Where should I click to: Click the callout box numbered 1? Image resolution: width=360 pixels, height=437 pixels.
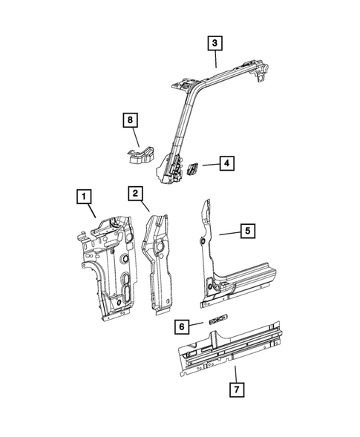pyautogui.click(x=85, y=197)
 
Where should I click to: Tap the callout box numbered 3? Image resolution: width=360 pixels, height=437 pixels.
pyautogui.click(x=214, y=44)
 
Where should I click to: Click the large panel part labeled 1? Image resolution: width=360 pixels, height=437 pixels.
pyautogui.click(x=111, y=267)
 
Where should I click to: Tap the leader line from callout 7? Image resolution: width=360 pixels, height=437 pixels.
pyautogui.click(x=235, y=371)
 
